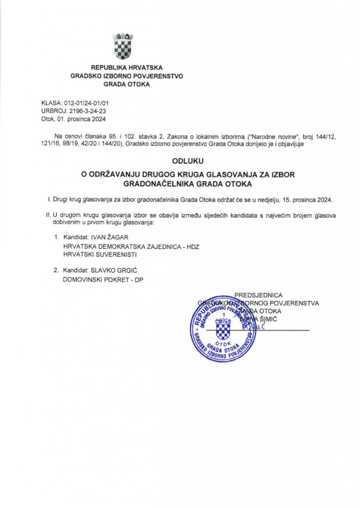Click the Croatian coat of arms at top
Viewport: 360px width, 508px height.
pos(122,46)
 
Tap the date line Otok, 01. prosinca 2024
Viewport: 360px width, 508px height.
pos(73,119)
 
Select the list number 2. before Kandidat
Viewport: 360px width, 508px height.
pos(56,271)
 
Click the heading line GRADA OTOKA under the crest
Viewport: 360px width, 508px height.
pos(126,84)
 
